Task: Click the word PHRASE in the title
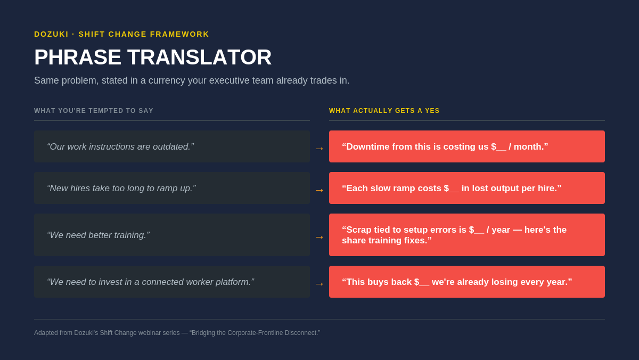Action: [78, 58]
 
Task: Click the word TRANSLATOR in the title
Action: [199, 58]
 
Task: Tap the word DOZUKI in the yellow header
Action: [51, 34]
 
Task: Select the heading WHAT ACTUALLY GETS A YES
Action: [384, 111]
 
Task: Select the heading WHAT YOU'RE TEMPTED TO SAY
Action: [94, 111]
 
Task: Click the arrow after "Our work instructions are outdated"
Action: [319, 149]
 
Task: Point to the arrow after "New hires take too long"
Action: [319, 190]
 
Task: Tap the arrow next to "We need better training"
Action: [319, 237]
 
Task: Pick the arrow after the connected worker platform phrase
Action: [319, 284]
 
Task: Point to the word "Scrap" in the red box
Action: [358, 230]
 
